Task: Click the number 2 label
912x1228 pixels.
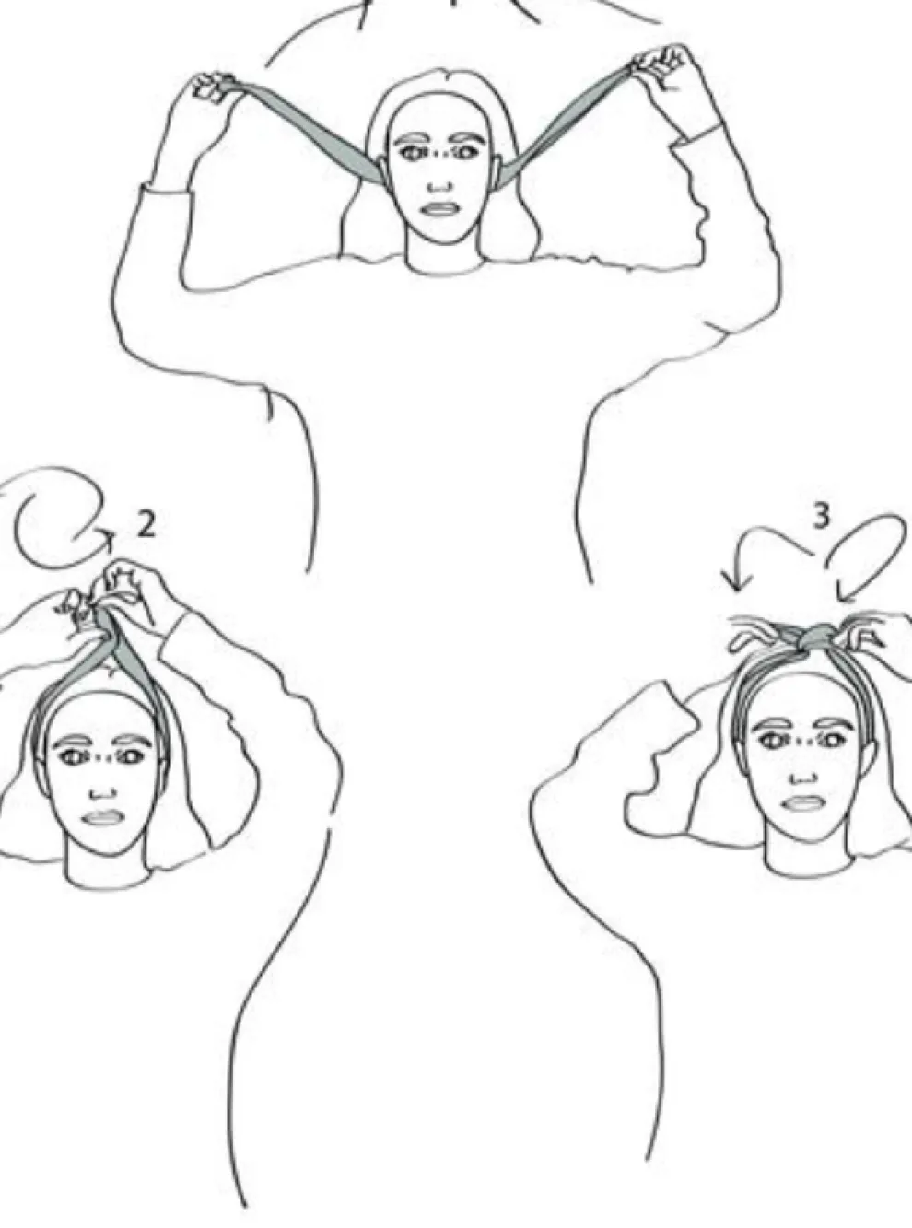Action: [146, 524]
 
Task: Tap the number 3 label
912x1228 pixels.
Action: [821, 517]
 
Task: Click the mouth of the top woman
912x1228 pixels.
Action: [435, 207]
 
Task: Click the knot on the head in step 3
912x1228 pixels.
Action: [815, 637]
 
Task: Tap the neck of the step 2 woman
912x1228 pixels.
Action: [101, 870]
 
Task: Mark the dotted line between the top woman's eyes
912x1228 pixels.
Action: [438, 154]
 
